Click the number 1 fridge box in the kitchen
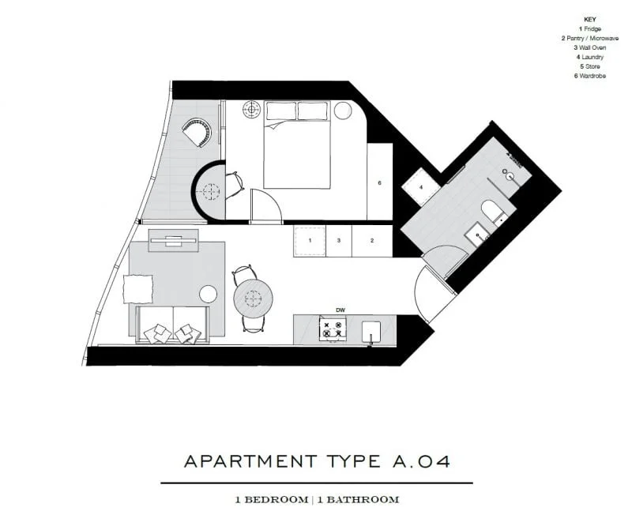pyautogui.click(x=310, y=240)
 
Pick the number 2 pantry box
pyautogui.click(x=371, y=240)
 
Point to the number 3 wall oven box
pyautogui.click(x=339, y=240)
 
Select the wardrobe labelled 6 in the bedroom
pyautogui.click(x=380, y=182)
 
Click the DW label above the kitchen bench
pyautogui.click(x=340, y=310)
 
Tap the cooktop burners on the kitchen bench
pyautogui.click(x=333, y=329)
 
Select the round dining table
pyautogui.click(x=253, y=298)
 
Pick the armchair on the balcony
pyautogui.click(x=195, y=132)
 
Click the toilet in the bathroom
pyautogui.click(x=491, y=212)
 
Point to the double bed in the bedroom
pyautogui.click(x=296, y=146)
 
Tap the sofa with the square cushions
pyautogui.click(x=173, y=326)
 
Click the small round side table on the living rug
pyautogui.click(x=208, y=295)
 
